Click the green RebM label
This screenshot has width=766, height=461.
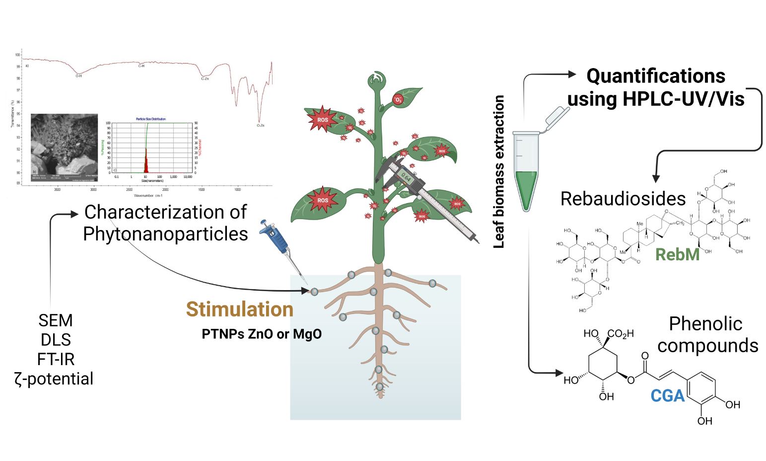tap(677, 254)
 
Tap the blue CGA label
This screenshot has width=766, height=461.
tap(668, 396)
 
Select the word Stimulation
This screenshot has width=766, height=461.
tap(240, 309)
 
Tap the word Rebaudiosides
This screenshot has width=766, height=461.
tap(623, 199)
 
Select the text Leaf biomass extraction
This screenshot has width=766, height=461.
tap(499, 172)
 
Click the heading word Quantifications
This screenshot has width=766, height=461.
tap(656, 76)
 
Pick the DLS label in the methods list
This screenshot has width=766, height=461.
tap(56, 340)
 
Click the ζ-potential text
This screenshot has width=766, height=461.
tap(54, 379)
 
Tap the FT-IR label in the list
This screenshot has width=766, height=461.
tap(56, 359)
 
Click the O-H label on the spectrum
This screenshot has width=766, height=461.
tap(78, 76)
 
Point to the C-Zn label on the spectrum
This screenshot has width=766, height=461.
tap(205, 79)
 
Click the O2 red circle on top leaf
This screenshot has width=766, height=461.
tap(398, 99)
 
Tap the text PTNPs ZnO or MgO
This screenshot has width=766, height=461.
tap(262, 334)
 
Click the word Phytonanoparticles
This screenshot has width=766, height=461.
tap(165, 234)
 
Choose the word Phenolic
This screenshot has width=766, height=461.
tap(705, 324)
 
